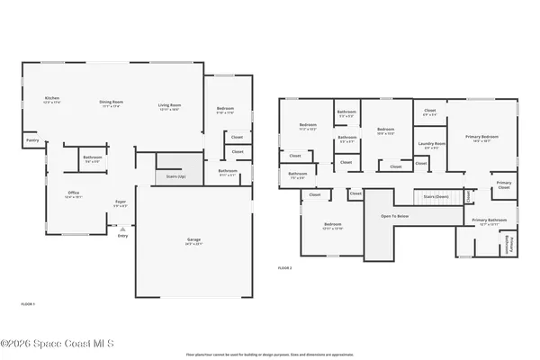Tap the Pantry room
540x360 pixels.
coord(31,139)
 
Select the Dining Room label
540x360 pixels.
coord(111,104)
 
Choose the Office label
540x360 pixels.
coord(74,193)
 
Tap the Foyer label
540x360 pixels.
coord(120,202)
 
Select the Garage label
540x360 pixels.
coord(193,241)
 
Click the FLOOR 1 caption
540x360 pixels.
coord(28,304)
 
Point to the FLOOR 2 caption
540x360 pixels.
coord(284,268)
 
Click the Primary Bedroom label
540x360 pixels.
coord(481,138)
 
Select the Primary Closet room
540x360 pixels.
coord(504,186)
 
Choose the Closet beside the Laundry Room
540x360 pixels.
coord(420,163)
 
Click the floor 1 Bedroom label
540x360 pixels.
coord(225,112)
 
